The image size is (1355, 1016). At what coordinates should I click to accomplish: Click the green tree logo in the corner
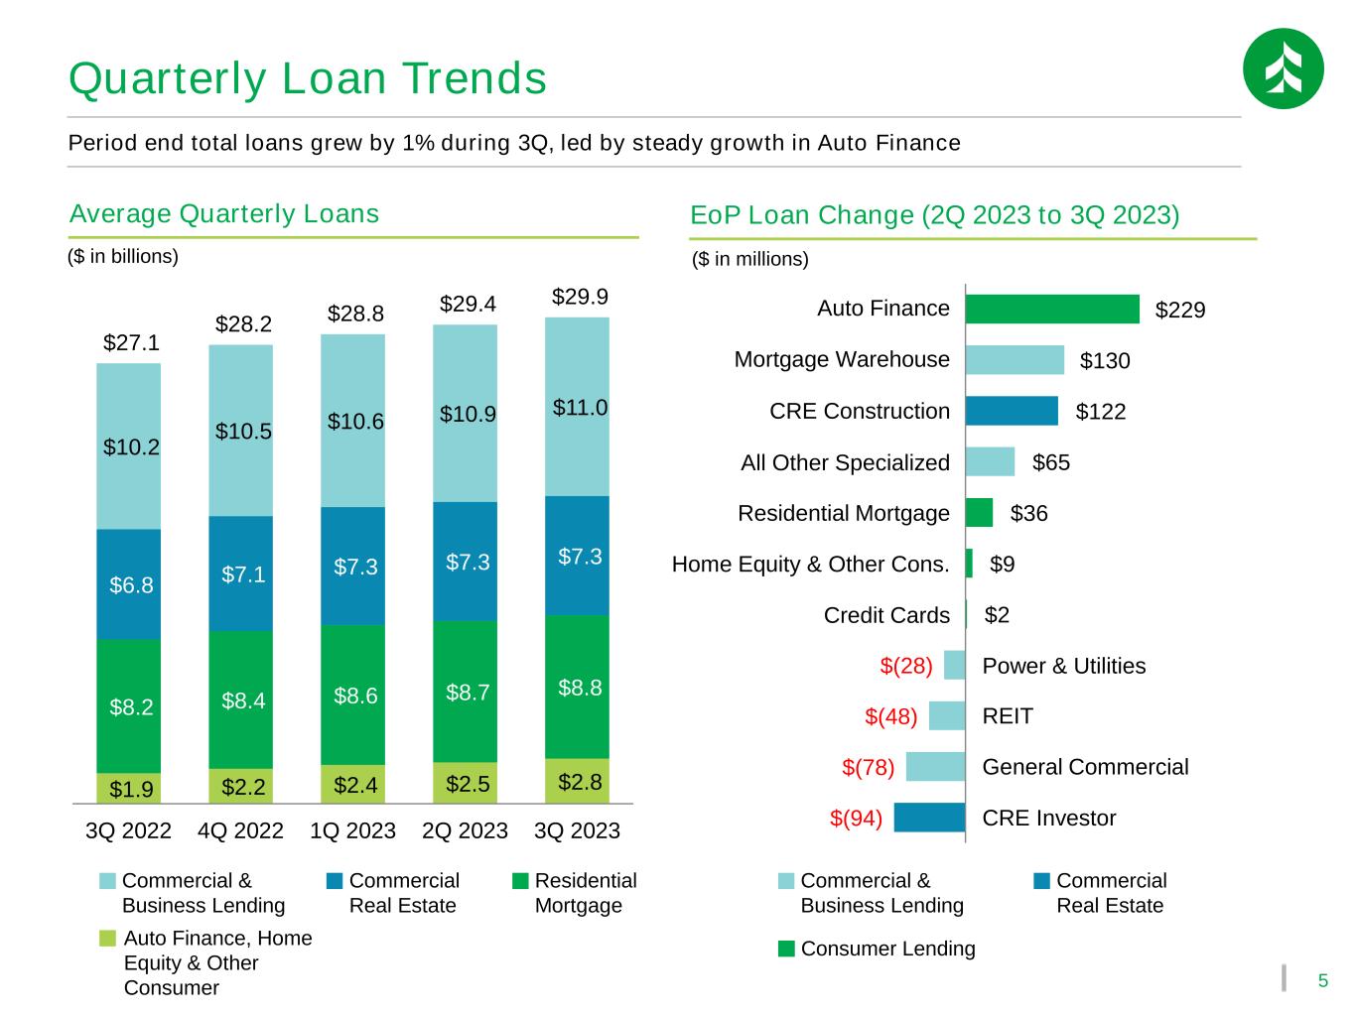(1284, 68)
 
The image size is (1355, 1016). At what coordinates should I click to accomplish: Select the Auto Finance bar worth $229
(1052, 309)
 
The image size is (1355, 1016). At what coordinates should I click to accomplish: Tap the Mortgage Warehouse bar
(1015, 360)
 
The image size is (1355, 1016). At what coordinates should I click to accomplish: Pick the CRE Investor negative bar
(930, 818)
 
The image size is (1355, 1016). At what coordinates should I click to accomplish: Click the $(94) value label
(857, 818)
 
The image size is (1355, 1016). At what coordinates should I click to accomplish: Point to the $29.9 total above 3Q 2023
(580, 297)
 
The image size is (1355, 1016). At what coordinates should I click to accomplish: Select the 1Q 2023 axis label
(352, 830)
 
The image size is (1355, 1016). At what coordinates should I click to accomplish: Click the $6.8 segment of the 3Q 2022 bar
(128, 584)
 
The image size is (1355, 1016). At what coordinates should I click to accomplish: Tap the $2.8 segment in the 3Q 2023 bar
(577, 781)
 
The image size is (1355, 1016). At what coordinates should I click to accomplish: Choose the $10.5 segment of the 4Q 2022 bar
(241, 431)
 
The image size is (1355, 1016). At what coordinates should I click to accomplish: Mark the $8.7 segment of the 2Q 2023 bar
(465, 692)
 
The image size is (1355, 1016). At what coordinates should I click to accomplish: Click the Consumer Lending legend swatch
(786, 949)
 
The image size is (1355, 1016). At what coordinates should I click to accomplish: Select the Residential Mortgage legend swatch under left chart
(520, 881)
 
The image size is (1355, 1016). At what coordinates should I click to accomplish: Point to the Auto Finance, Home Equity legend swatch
(107, 939)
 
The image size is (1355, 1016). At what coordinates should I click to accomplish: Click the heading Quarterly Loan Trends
(308, 78)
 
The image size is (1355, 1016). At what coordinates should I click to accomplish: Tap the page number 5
(1323, 981)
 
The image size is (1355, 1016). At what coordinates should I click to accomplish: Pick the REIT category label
(1008, 716)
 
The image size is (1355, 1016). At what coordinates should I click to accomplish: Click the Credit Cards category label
(886, 615)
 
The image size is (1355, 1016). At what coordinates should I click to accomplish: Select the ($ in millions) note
(750, 259)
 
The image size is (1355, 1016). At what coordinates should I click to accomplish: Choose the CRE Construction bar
(1012, 411)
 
